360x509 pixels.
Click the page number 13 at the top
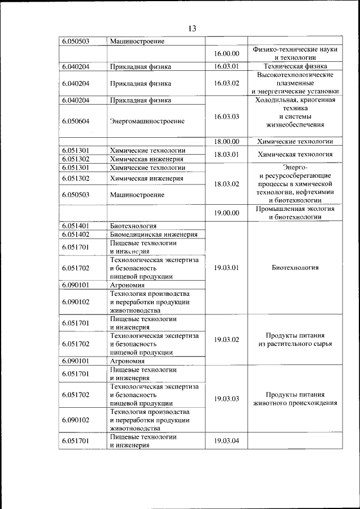click(192, 29)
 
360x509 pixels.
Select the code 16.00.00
click(227, 54)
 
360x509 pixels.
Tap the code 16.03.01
click(227, 66)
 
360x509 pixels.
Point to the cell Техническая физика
click(295, 66)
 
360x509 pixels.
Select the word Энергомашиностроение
click(147, 121)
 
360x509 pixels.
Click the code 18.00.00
click(227, 142)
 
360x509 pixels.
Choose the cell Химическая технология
click(295, 154)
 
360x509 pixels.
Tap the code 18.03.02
click(227, 184)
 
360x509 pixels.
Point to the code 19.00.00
click(227, 213)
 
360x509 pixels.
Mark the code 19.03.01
click(227, 268)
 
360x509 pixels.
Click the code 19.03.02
click(227, 339)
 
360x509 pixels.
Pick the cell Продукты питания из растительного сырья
click(295, 339)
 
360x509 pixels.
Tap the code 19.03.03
click(227, 399)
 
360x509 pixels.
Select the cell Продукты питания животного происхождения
click(295, 399)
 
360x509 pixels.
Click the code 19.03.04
click(227, 440)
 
